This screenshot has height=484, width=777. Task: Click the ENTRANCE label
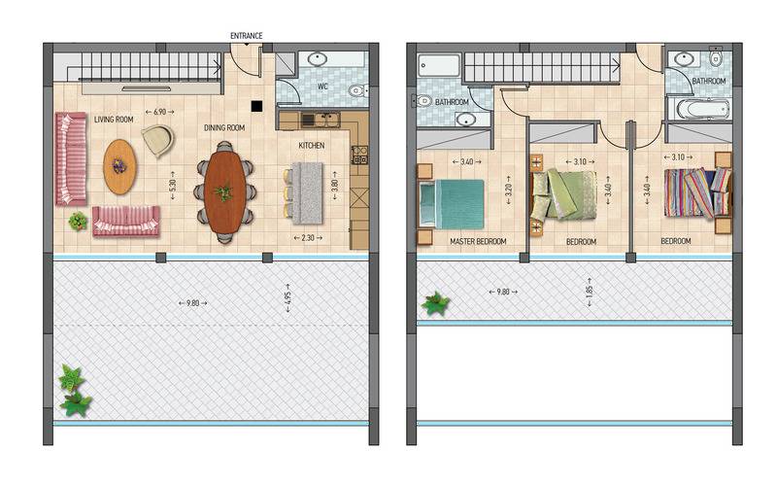tap(247, 36)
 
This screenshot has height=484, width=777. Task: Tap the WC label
tap(322, 86)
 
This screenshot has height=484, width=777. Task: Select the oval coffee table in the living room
tap(119, 166)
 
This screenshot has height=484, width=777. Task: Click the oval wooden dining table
tap(224, 190)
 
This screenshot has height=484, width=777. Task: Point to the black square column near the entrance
tap(256, 106)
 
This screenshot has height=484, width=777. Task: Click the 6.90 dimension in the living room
tap(159, 112)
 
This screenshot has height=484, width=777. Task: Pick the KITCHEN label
tap(312, 146)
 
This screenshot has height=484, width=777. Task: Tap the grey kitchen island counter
tap(307, 192)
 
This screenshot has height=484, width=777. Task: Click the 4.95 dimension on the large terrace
tap(287, 298)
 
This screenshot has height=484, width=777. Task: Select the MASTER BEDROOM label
tap(478, 241)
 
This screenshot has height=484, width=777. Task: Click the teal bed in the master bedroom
tap(452, 204)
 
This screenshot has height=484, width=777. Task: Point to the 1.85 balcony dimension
tap(590, 293)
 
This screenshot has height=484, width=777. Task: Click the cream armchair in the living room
tap(158, 140)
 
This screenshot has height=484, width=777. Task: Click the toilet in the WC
tap(357, 90)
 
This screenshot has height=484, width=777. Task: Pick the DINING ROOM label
tap(224, 128)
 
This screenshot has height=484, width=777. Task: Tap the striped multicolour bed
tap(697, 192)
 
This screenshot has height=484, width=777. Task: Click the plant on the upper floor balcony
tap(435, 303)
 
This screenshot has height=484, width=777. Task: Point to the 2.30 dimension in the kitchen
tap(308, 238)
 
